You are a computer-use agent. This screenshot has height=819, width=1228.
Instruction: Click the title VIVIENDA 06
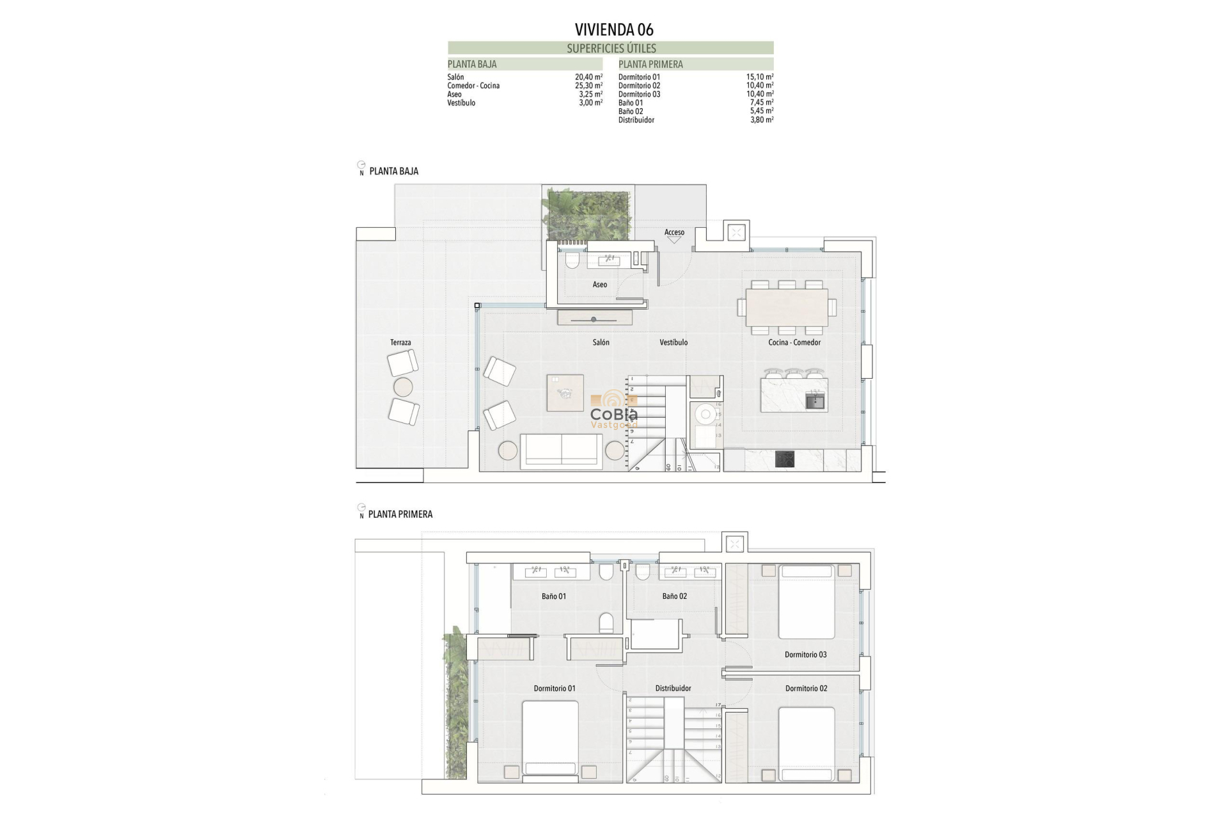tap(613, 29)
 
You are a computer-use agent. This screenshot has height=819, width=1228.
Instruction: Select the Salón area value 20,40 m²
tap(588, 77)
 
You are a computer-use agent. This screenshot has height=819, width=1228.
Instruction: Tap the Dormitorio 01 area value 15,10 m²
tap(759, 77)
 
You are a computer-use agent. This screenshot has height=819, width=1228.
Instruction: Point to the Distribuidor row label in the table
tap(636, 120)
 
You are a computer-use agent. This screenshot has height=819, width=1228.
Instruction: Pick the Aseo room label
tap(599, 285)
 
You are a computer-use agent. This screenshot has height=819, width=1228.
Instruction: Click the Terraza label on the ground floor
tap(400, 343)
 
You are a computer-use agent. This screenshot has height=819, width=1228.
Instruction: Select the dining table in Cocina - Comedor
tap(787, 307)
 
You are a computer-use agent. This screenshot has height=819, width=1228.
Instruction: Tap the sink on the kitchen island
tap(814, 402)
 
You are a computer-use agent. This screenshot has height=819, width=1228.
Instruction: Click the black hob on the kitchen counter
tap(785, 459)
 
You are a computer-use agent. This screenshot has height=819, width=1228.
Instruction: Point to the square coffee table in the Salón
tap(565, 393)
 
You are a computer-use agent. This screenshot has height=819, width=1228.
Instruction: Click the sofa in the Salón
tap(561, 450)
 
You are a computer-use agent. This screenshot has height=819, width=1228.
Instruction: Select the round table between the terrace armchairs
tap(403, 387)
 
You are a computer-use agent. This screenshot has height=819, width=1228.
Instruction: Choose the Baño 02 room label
tap(674, 596)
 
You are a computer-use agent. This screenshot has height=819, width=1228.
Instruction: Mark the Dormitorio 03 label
tap(805, 655)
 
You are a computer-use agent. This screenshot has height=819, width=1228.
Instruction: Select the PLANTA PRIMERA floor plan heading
tap(400, 514)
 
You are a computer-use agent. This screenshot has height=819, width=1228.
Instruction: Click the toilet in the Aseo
tap(572, 260)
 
